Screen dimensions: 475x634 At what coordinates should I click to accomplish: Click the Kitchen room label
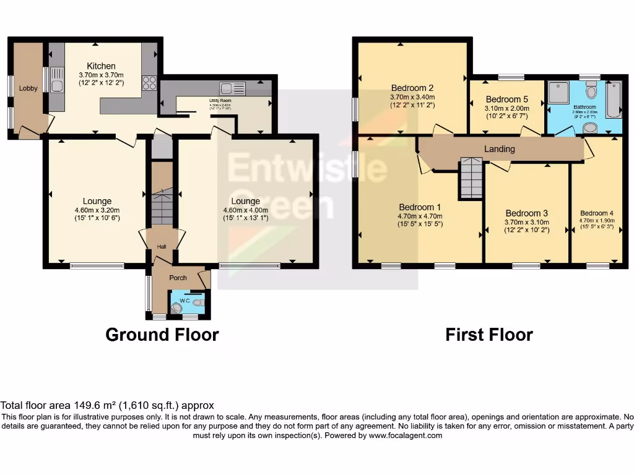101,66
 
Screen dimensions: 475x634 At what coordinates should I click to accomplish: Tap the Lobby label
28,88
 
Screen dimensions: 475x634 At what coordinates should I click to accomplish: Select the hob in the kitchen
149,82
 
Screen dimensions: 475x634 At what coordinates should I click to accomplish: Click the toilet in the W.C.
197,303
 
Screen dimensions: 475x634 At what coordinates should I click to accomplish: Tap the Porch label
178,278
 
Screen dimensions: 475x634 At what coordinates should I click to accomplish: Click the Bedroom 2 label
412,87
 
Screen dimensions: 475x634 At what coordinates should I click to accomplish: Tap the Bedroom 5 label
507,99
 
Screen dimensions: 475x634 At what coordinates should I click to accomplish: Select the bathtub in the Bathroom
614,99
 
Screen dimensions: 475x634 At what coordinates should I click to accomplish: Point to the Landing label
500,149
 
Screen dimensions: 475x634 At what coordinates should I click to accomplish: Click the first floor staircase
471,178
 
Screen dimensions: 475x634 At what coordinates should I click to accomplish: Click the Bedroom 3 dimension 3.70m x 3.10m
526,222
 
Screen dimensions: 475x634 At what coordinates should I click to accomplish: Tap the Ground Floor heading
162,335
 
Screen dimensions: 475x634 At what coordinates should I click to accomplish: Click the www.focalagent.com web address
406,435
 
